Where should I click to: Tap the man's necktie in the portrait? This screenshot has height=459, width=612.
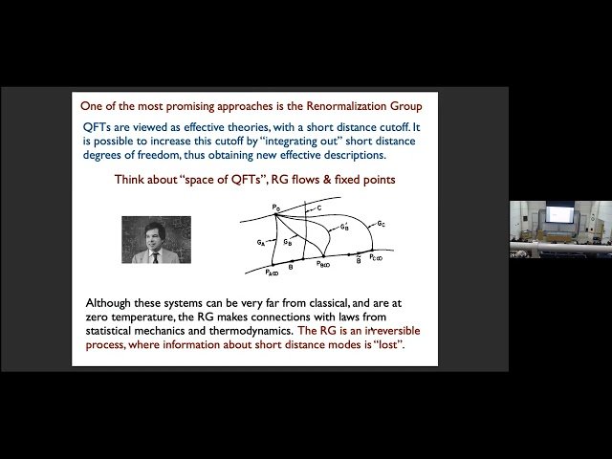click(x=155, y=256)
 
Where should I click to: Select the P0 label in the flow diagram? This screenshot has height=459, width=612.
click(x=275, y=207)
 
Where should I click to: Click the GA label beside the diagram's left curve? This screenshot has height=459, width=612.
click(x=261, y=244)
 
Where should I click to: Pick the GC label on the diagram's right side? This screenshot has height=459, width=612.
click(x=381, y=224)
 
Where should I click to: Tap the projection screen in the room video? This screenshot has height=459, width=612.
click(x=557, y=215)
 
